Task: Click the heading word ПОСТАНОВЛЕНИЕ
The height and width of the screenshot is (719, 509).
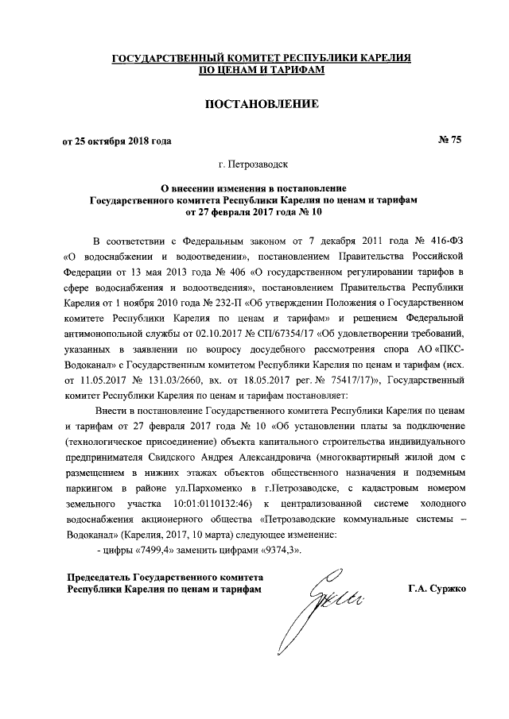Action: (254, 104)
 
